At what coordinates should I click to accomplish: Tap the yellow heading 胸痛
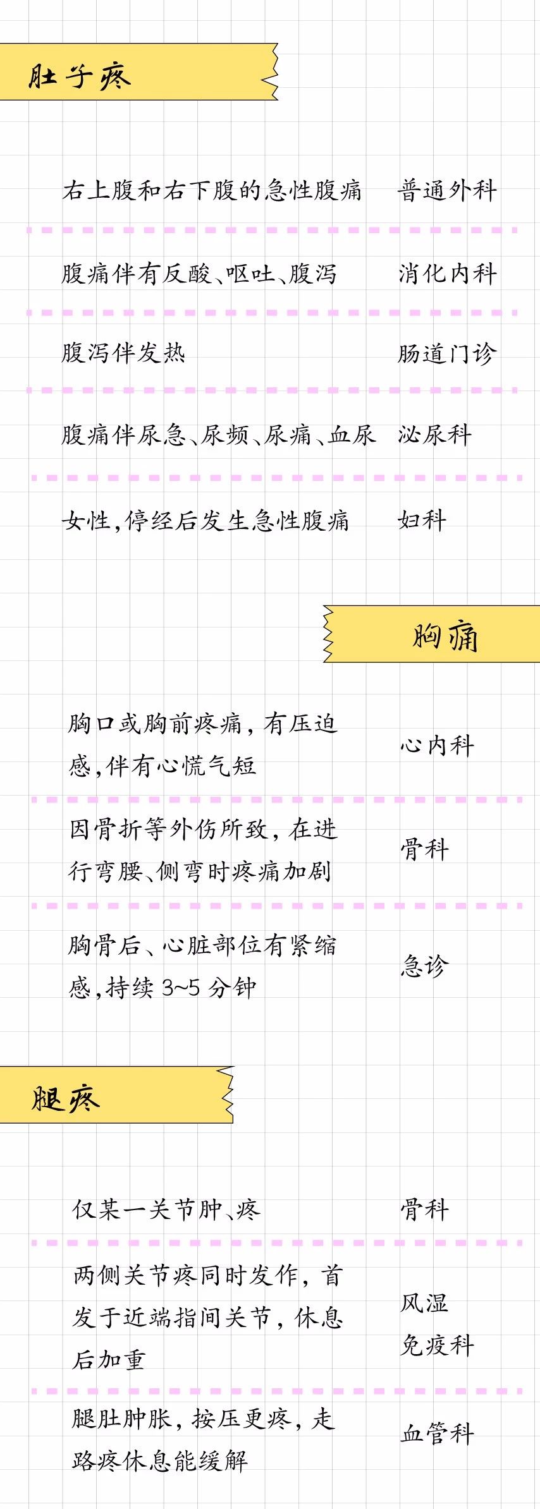pyautogui.click(x=446, y=636)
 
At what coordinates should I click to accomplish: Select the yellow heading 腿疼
pyautogui.click(x=66, y=1099)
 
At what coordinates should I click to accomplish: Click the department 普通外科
pyautogui.click(x=447, y=190)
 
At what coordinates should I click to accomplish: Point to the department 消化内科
pyautogui.click(x=447, y=274)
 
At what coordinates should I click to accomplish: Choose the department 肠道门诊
pyautogui.click(x=447, y=353)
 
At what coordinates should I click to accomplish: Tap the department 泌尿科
pyautogui.click(x=435, y=435)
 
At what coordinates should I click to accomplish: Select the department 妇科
pyautogui.click(x=422, y=521)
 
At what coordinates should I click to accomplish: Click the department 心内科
pyautogui.click(x=437, y=746)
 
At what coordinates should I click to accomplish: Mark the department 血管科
pyautogui.click(x=437, y=1434)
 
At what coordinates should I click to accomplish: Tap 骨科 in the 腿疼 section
pyautogui.click(x=425, y=1209)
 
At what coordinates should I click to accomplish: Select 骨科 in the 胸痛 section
pyautogui.click(x=425, y=849)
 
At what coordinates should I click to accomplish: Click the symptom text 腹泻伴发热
pyautogui.click(x=123, y=353)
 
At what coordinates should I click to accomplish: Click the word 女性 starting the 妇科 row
pyautogui.click(x=87, y=521)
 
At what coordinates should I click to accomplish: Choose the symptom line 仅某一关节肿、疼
pyautogui.click(x=166, y=1209)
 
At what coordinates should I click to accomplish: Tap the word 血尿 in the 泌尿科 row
pyautogui.click(x=352, y=435)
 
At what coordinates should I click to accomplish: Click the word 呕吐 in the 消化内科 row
pyautogui.click(x=250, y=274)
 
